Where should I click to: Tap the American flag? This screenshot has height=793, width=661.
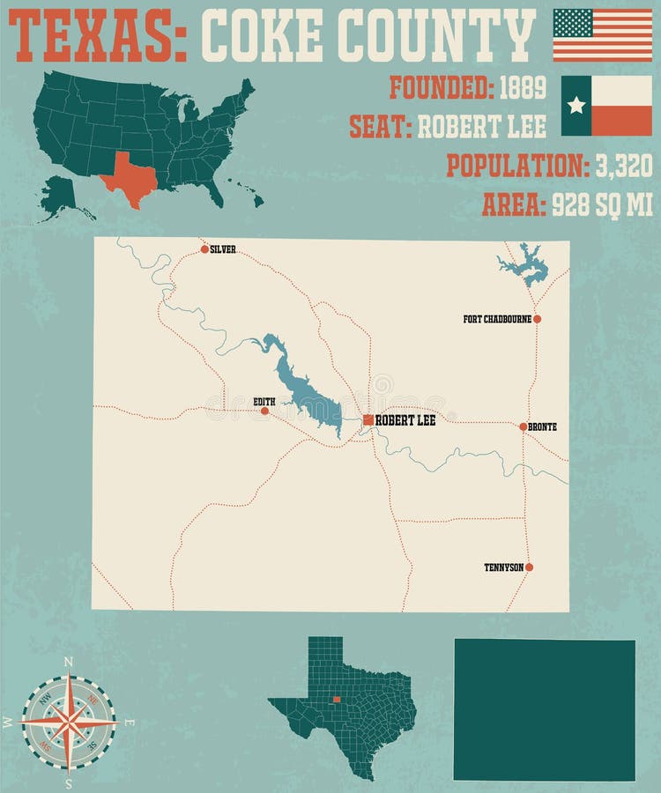click(602, 34)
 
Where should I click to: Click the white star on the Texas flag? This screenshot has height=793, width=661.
click(576, 106)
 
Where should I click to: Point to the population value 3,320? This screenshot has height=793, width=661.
click(622, 165)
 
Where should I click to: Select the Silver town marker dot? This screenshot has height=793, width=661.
click(204, 249)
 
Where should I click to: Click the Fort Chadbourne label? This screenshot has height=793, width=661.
click(497, 319)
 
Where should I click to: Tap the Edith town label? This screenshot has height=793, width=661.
click(264, 402)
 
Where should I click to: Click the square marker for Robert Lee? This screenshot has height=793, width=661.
click(368, 420)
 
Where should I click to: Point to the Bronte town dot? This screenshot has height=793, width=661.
click(524, 426)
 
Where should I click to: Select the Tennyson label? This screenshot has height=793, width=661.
click(503, 567)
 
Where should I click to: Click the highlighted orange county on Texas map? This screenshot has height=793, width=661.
click(337, 700)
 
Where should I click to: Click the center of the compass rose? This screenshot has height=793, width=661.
click(69, 722)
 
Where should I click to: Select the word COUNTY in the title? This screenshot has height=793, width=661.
click(437, 34)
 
